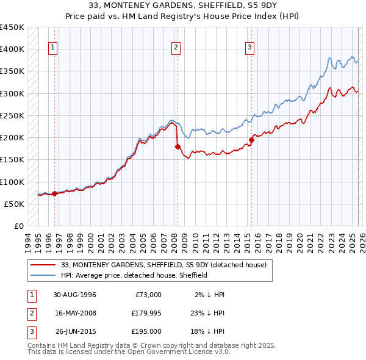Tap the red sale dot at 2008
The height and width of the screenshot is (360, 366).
[x=178, y=146]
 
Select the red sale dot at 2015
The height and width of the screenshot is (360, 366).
[x=251, y=140]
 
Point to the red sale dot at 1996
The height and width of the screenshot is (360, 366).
[x=54, y=193]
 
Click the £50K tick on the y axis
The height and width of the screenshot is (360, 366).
[x=14, y=204]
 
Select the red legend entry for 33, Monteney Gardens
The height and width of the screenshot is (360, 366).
[x=163, y=265]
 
